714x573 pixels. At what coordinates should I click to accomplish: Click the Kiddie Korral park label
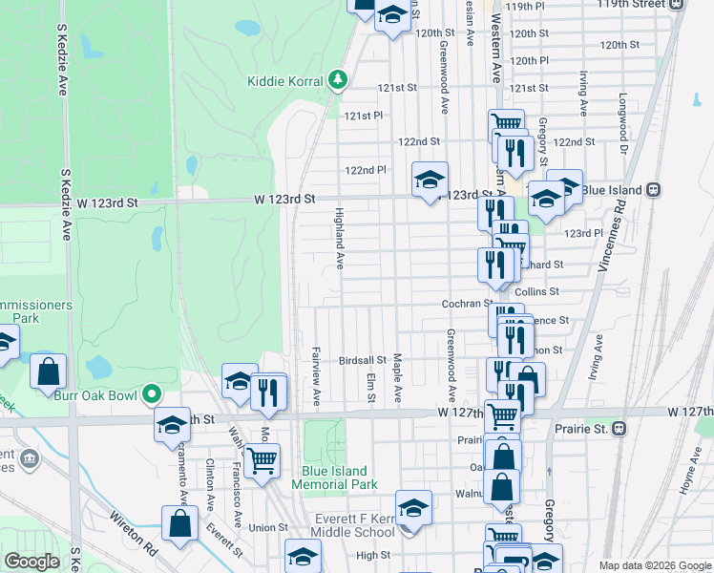[x=285, y=81]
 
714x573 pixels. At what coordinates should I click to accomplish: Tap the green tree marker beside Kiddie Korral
[x=337, y=80]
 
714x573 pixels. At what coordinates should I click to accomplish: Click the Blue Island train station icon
[x=654, y=190]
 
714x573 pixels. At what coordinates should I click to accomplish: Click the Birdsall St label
[x=362, y=361]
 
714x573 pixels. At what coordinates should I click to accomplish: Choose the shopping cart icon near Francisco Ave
[x=261, y=461]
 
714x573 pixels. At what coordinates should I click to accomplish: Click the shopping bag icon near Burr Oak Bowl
[x=49, y=371]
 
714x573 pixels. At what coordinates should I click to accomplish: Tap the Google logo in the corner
[x=31, y=562]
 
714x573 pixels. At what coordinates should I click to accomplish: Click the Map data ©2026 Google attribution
[x=655, y=564]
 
